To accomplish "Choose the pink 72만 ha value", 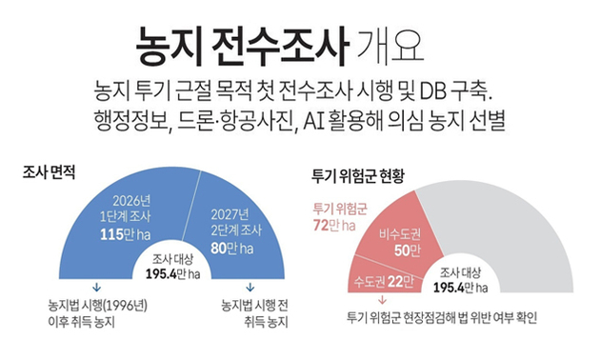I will coord(333,226).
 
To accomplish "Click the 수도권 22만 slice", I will coord(381,278).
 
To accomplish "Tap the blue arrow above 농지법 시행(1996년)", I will coord(96,287).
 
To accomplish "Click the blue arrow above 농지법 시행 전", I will coord(250,287).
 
